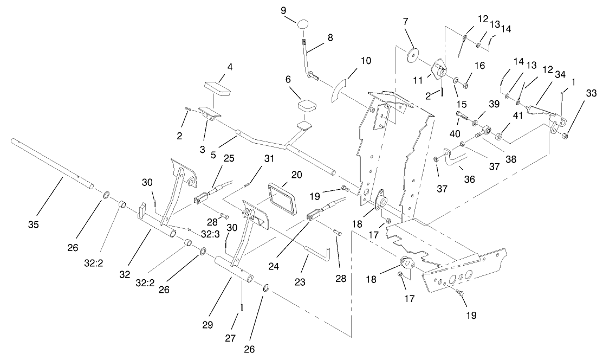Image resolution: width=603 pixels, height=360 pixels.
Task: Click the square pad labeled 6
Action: [x=307, y=106]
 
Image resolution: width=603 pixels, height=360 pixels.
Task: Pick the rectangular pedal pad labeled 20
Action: [x=281, y=195]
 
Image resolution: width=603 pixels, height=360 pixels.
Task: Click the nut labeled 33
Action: [x=565, y=136]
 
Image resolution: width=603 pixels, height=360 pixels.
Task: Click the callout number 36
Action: [x=469, y=178]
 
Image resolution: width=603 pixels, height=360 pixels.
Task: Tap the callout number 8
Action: [x=330, y=38]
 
